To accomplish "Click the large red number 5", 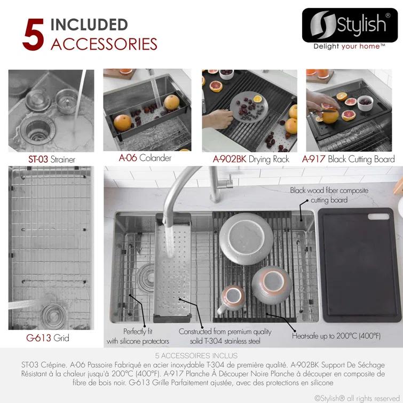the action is point(33,35).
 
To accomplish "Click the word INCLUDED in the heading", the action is point(89,25).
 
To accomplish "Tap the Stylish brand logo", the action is point(350,25).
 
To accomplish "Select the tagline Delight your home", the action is point(349,46).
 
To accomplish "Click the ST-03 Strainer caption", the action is point(52,160).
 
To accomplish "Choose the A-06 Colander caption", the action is point(145,158).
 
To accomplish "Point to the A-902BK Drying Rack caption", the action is point(251,160).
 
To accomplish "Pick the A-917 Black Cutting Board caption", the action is point(348,160).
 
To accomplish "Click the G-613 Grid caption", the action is point(48,338).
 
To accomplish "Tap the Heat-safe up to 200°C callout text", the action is point(336,336).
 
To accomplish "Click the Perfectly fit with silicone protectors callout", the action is point(138,336).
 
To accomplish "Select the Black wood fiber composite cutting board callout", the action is point(329,195).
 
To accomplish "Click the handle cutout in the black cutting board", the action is point(378,216).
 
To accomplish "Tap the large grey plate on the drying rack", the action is point(246,239).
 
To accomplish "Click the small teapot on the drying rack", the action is point(231,298).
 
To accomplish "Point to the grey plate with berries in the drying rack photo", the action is point(249,107).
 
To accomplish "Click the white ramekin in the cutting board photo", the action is point(365,102).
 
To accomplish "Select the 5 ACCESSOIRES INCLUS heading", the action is point(196,355).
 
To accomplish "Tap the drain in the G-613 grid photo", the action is point(53,315).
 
